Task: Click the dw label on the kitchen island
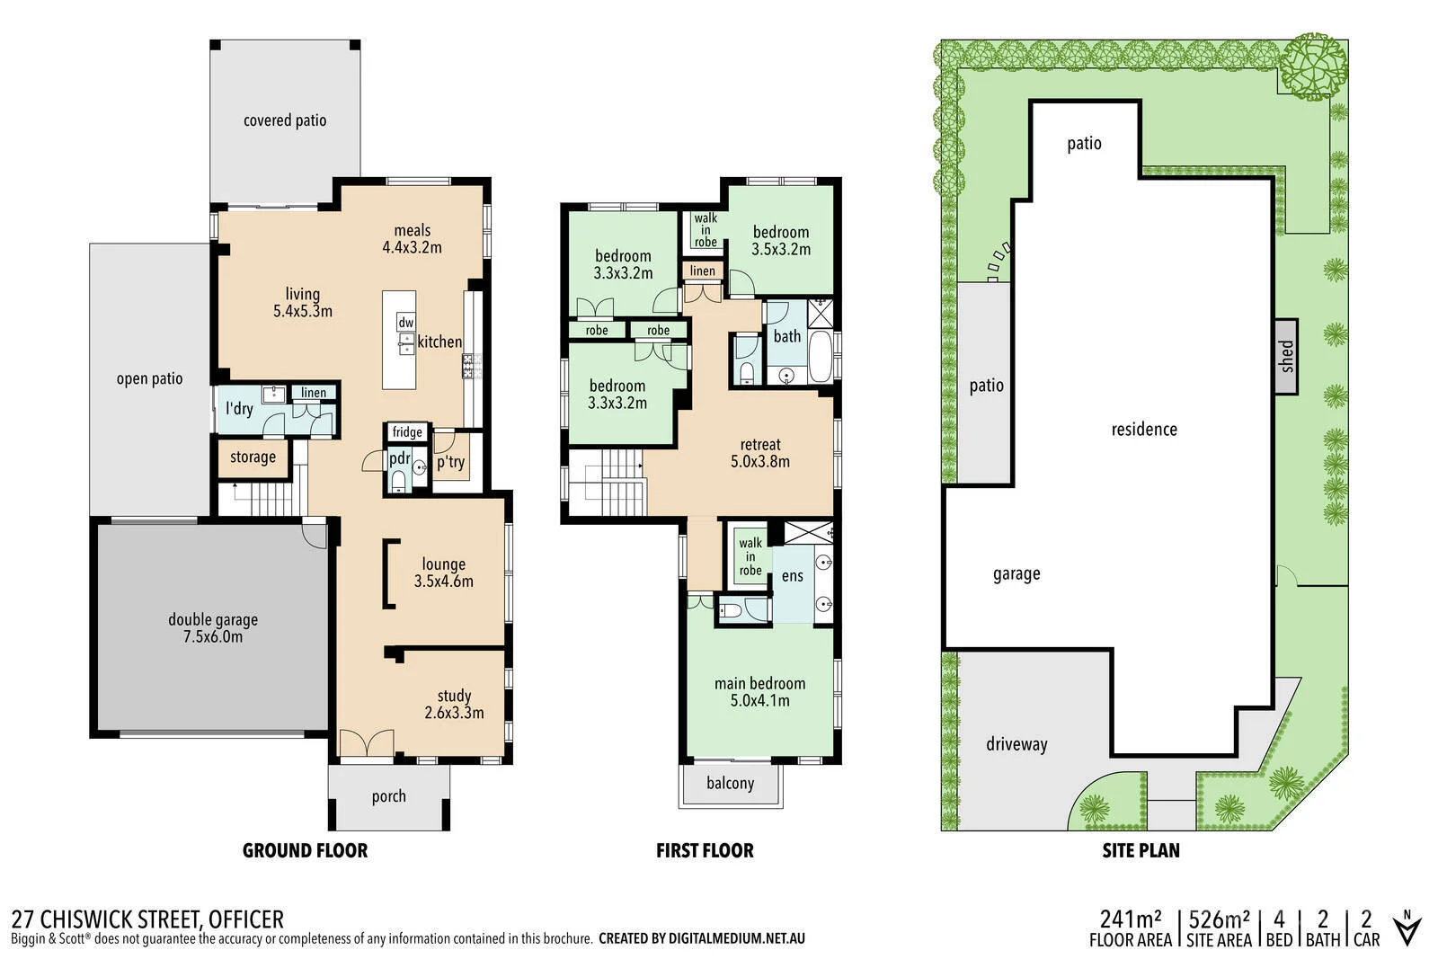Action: tap(405, 322)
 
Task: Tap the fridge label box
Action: tap(407, 432)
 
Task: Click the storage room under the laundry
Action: tap(253, 457)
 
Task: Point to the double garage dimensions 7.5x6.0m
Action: tap(213, 637)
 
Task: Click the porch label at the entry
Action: tap(388, 796)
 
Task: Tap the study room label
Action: tap(454, 696)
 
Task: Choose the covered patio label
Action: tap(285, 120)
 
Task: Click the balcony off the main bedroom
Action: tap(730, 784)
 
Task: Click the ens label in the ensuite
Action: tap(792, 575)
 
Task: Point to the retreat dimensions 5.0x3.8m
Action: tap(760, 462)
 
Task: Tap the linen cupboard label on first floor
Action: tap(703, 271)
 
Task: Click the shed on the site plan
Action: tap(1286, 356)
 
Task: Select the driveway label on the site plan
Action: tap(1016, 744)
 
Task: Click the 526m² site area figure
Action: tap(1219, 920)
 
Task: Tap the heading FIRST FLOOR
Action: tap(705, 850)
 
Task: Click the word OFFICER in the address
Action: tap(245, 919)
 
